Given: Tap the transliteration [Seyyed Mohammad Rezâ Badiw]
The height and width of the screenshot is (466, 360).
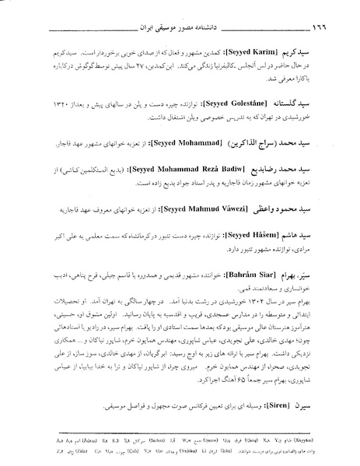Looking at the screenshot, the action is pyautogui.click(x=197, y=168).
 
